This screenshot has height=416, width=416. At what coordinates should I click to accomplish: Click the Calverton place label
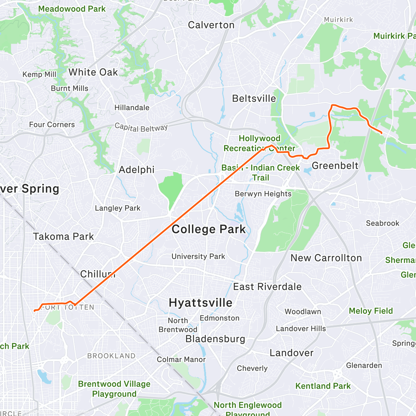pyautogui.click(x=211, y=25)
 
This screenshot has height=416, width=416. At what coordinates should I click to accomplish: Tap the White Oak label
pyautogui.click(x=93, y=72)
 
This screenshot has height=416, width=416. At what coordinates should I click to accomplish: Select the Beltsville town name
pyautogui.click(x=254, y=98)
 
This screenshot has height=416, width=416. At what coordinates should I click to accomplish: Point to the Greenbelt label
pyautogui.click(x=335, y=166)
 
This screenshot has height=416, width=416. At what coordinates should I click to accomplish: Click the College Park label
pyautogui.click(x=209, y=229)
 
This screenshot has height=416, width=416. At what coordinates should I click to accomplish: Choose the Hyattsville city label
pyautogui.click(x=200, y=303)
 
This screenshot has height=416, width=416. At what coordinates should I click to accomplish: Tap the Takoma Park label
pyautogui.click(x=63, y=236)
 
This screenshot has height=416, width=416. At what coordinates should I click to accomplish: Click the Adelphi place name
pyautogui.click(x=137, y=170)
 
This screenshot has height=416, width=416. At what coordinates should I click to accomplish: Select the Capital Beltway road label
pyautogui.click(x=141, y=127)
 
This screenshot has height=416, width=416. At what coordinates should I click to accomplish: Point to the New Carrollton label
pyautogui.click(x=326, y=258)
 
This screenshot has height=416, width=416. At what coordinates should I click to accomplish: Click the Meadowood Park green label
pyautogui.click(x=72, y=9)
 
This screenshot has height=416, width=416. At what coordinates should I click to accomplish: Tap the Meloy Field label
pyautogui.click(x=371, y=311)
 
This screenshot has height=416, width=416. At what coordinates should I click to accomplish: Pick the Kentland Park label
pyautogui.click(x=323, y=386)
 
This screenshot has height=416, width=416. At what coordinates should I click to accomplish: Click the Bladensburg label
pyautogui.click(x=215, y=339)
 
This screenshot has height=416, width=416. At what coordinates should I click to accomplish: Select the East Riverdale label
pyautogui.click(x=267, y=287)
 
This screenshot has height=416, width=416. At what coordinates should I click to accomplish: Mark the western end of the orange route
pyautogui.click(x=34, y=311)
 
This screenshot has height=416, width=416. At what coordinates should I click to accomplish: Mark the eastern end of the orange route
pyautogui.click(x=382, y=133)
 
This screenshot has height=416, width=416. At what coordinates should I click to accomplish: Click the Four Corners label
pyautogui.click(x=52, y=124)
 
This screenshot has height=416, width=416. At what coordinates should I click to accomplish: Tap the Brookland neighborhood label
pyautogui.click(x=111, y=356)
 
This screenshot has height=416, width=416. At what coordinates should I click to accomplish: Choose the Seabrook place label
pyautogui.click(x=382, y=223)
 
